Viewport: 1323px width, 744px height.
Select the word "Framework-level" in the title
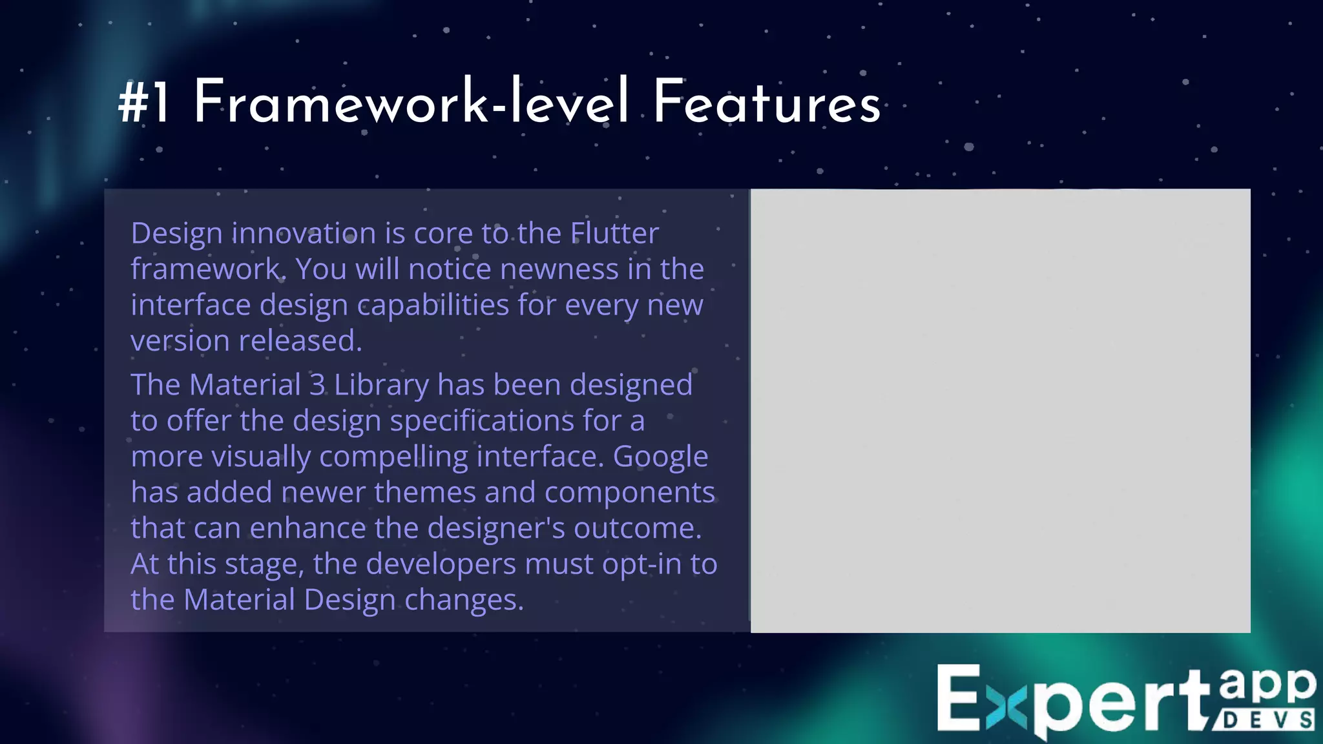411,102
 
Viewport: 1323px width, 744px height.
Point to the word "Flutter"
614,233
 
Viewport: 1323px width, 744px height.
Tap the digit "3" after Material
317,385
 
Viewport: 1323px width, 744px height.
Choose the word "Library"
381,386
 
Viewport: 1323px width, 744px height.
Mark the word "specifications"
482,421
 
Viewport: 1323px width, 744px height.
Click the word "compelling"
393,457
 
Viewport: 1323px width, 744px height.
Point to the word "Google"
660,457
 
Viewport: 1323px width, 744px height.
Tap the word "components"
630,493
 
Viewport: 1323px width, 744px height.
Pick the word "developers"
441,564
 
